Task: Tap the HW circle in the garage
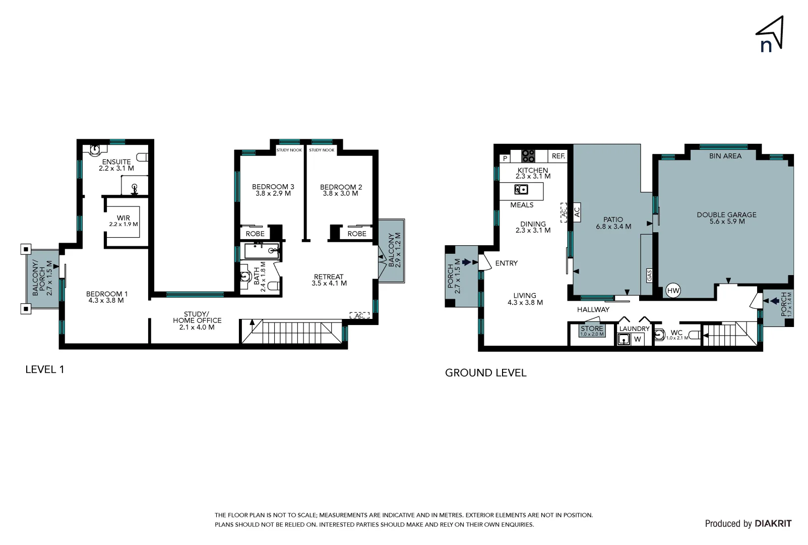[673, 291]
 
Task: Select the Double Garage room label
[726, 215]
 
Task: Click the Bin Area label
[725, 156]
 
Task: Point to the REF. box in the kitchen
[558, 156]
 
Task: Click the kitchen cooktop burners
[528, 156]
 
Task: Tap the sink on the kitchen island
[521, 190]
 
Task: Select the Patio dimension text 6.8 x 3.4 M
[613, 227]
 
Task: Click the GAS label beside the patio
[649, 275]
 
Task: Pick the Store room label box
[592, 331]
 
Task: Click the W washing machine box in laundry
[638, 339]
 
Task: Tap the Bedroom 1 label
[106, 294]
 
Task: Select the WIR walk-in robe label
[123, 218]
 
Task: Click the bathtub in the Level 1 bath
[262, 251]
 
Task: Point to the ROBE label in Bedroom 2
[357, 234]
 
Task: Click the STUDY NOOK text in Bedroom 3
[289, 150]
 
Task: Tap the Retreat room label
[328, 277]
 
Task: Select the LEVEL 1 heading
[45, 369]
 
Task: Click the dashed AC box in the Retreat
[359, 315]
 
